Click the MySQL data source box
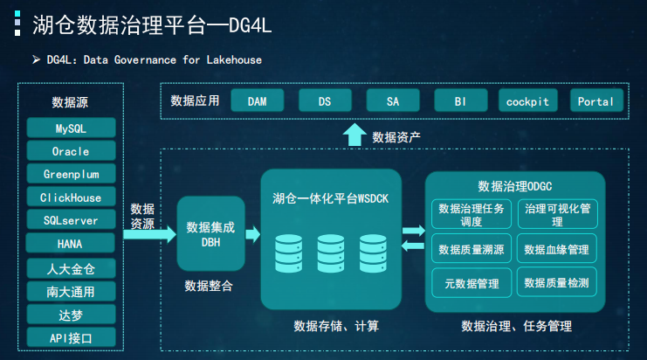pos(71,128)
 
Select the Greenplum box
pos(71,174)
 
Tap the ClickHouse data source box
pos(71,197)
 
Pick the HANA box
pos(71,244)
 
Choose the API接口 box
pos(71,337)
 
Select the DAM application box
pos(258,101)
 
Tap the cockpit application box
pos(527,101)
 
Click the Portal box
pos(595,101)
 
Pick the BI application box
pos(460,101)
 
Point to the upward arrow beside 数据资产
pos(354,135)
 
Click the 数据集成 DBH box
pos(210,233)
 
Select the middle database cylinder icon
pos(331,253)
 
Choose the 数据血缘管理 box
pos(557,249)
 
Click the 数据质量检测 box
pos(557,283)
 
